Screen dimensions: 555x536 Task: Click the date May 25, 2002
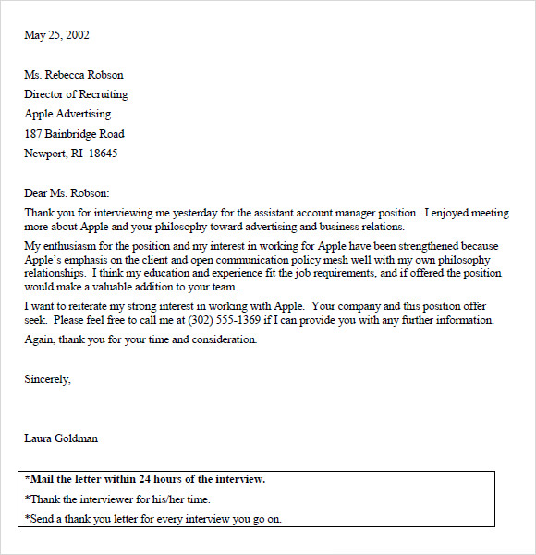point(56,36)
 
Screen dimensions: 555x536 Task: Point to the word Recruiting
point(103,94)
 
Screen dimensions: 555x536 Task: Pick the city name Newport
point(44,154)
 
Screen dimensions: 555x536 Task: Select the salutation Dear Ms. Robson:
point(67,193)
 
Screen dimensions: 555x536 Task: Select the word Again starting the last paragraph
point(39,339)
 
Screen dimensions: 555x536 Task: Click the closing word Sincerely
point(46,379)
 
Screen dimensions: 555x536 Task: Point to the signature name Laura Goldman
point(61,438)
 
